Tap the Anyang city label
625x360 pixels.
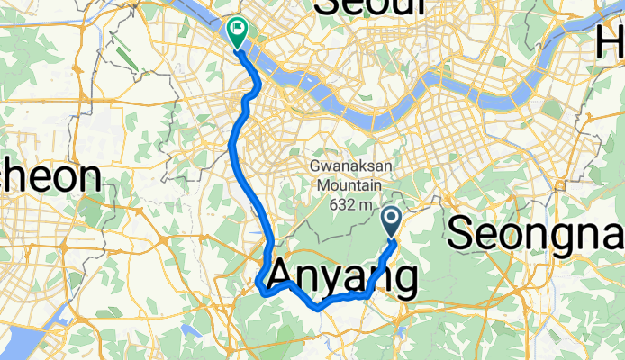[x=343, y=275]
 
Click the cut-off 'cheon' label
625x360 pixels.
[x=49, y=177]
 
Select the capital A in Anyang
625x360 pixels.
[x=285, y=274]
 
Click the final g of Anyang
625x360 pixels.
[x=402, y=281]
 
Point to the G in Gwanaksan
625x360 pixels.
[x=314, y=166]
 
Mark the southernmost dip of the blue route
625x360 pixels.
[x=318, y=308]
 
